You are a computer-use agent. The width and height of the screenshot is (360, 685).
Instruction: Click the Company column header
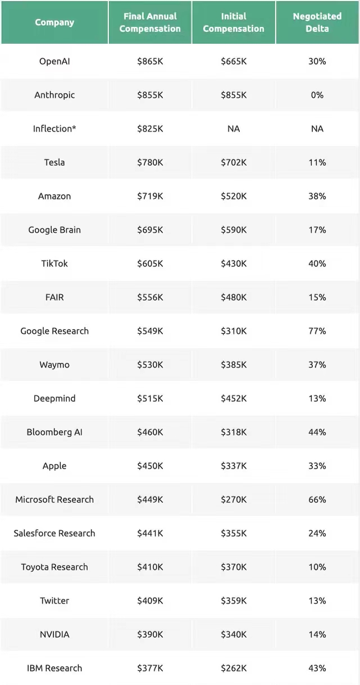[54, 22]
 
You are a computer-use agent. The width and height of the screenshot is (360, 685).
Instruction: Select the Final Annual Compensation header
[150, 22]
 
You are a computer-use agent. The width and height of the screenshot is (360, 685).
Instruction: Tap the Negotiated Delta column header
[317, 22]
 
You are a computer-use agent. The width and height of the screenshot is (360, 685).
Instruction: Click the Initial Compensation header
[234, 22]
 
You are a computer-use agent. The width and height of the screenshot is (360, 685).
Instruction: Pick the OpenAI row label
[54, 61]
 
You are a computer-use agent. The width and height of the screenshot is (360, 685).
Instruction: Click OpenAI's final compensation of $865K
[150, 61]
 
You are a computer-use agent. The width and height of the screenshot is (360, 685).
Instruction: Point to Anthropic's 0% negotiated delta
[317, 95]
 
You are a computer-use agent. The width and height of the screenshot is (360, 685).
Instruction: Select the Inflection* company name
[54, 129]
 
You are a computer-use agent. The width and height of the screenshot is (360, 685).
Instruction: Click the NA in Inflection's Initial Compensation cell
[234, 129]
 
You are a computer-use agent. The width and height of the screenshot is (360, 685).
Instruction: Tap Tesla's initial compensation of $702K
[234, 162]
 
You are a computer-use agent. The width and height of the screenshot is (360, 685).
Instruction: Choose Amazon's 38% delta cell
[317, 196]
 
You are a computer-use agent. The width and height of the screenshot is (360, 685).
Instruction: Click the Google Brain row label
[54, 230]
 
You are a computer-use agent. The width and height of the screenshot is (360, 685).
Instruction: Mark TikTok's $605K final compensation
[150, 264]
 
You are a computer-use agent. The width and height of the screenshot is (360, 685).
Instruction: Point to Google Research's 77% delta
[317, 331]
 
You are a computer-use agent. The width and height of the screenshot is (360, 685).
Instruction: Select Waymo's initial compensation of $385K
[234, 365]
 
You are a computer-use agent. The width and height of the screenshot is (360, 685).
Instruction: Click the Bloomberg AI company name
[54, 432]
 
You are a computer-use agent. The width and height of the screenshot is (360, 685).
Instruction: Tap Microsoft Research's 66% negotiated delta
[317, 500]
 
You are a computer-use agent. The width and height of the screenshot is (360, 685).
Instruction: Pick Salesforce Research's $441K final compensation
[150, 533]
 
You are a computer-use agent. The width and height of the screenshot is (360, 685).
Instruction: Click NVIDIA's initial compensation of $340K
[234, 634]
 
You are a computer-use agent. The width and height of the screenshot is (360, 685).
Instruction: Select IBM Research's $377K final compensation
[150, 668]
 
